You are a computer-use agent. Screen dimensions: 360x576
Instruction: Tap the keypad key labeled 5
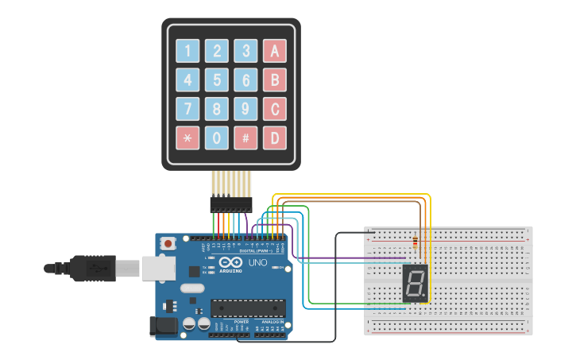click(216, 80)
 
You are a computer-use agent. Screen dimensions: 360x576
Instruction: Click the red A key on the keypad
click(275, 51)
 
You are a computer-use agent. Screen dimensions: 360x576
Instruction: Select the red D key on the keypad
click(275, 137)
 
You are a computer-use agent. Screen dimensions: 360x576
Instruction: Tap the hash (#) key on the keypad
click(245, 137)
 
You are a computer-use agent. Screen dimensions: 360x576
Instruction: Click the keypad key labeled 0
click(216, 137)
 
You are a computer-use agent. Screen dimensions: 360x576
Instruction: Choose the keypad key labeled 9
click(245, 109)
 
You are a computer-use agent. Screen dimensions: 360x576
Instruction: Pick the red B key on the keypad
click(275, 80)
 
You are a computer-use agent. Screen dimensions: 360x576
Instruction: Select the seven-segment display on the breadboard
click(415, 283)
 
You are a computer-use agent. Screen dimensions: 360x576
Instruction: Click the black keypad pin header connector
click(230, 204)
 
